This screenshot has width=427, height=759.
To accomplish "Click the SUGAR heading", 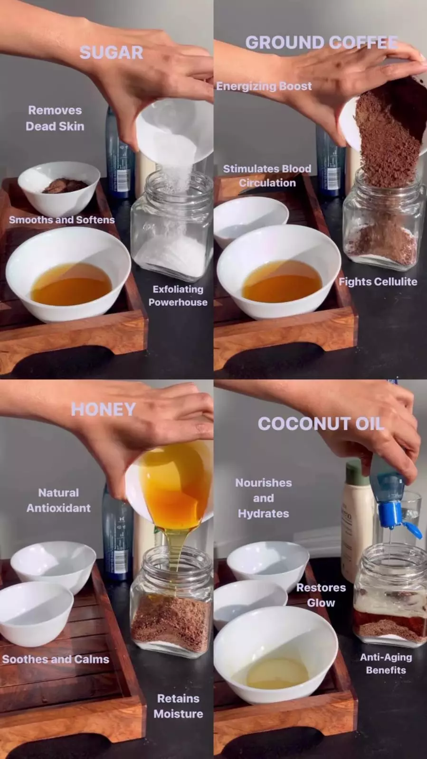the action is [x=111, y=53].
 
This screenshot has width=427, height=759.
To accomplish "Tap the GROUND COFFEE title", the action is [x=322, y=42].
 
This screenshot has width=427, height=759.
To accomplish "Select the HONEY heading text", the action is [x=103, y=409].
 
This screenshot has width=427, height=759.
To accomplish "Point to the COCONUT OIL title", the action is [x=321, y=423].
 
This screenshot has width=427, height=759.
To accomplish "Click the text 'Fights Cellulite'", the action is [x=378, y=281].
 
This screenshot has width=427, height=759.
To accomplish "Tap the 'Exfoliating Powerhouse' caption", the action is [x=178, y=295].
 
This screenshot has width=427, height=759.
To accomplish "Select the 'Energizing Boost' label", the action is [x=264, y=86].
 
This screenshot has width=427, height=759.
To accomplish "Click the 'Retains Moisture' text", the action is [x=179, y=706].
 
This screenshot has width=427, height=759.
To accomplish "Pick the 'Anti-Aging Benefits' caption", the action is [x=386, y=664].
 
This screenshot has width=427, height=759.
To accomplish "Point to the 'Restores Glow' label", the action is [x=321, y=595].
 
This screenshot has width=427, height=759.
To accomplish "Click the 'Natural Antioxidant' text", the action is [x=58, y=500].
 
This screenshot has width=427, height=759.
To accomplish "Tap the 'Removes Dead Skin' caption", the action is [x=55, y=118].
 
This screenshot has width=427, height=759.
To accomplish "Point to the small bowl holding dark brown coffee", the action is [x=59, y=188].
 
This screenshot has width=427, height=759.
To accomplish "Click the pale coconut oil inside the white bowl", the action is [x=277, y=675].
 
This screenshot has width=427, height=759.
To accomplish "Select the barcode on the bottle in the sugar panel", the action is [x=122, y=181].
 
